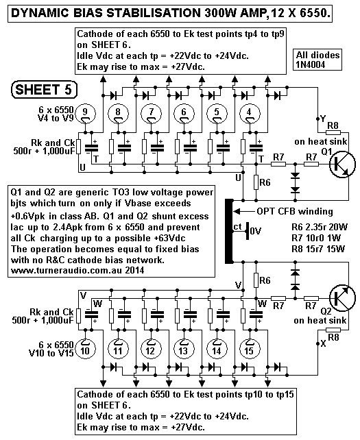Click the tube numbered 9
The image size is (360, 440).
84,111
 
